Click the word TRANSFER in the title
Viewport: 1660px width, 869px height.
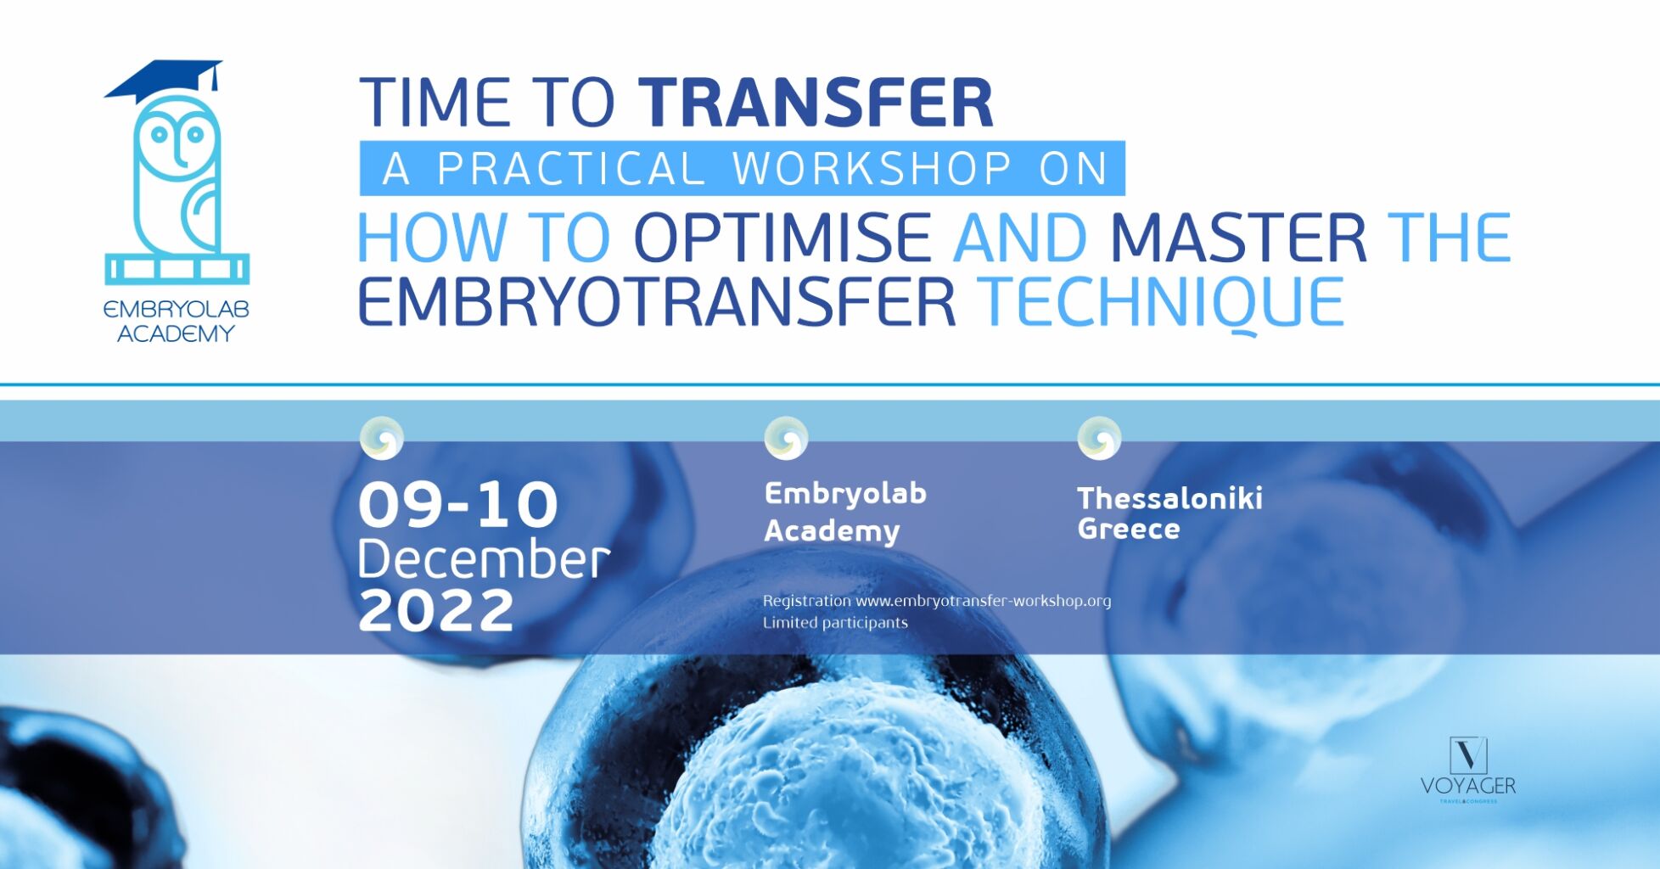tap(816, 103)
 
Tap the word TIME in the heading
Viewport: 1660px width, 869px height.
tap(435, 103)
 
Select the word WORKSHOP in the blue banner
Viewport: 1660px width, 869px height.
tap(872, 168)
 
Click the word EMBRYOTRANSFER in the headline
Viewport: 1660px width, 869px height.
tap(657, 302)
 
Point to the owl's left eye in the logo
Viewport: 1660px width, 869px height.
tap(158, 133)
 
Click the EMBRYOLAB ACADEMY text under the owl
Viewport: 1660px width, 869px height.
tap(177, 322)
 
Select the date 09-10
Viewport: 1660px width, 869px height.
tap(458, 505)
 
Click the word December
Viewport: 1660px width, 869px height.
tap(484, 559)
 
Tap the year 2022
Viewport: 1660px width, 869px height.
tap(436, 610)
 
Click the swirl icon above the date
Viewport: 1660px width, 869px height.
tap(382, 438)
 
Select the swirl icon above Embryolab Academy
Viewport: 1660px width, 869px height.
tap(787, 438)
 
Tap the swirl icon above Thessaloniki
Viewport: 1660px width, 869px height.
tap(1099, 438)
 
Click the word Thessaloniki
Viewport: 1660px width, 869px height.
tap(1170, 498)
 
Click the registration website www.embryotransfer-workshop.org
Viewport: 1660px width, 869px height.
tap(984, 601)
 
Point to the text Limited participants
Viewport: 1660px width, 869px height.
tap(835, 623)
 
